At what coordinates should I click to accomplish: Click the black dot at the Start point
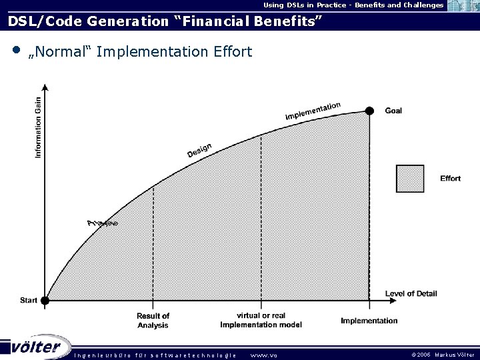click(x=45, y=301)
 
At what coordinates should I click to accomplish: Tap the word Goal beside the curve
click(x=393, y=111)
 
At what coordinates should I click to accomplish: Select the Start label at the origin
click(x=29, y=301)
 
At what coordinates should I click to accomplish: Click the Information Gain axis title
click(x=38, y=128)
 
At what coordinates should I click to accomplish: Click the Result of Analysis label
click(x=153, y=321)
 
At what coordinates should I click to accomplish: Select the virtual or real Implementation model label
click(x=261, y=320)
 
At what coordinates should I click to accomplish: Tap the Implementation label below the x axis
click(x=369, y=321)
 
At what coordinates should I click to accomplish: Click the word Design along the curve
click(x=199, y=151)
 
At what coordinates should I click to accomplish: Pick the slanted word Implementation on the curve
click(x=313, y=111)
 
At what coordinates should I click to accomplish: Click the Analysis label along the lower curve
click(x=103, y=223)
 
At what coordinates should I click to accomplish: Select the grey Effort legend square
click(x=410, y=178)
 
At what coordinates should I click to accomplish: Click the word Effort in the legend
click(x=450, y=179)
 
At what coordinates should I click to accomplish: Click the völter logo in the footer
click(x=36, y=347)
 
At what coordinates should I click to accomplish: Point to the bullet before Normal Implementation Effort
click(x=15, y=50)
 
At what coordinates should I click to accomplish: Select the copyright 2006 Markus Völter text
click(x=443, y=355)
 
